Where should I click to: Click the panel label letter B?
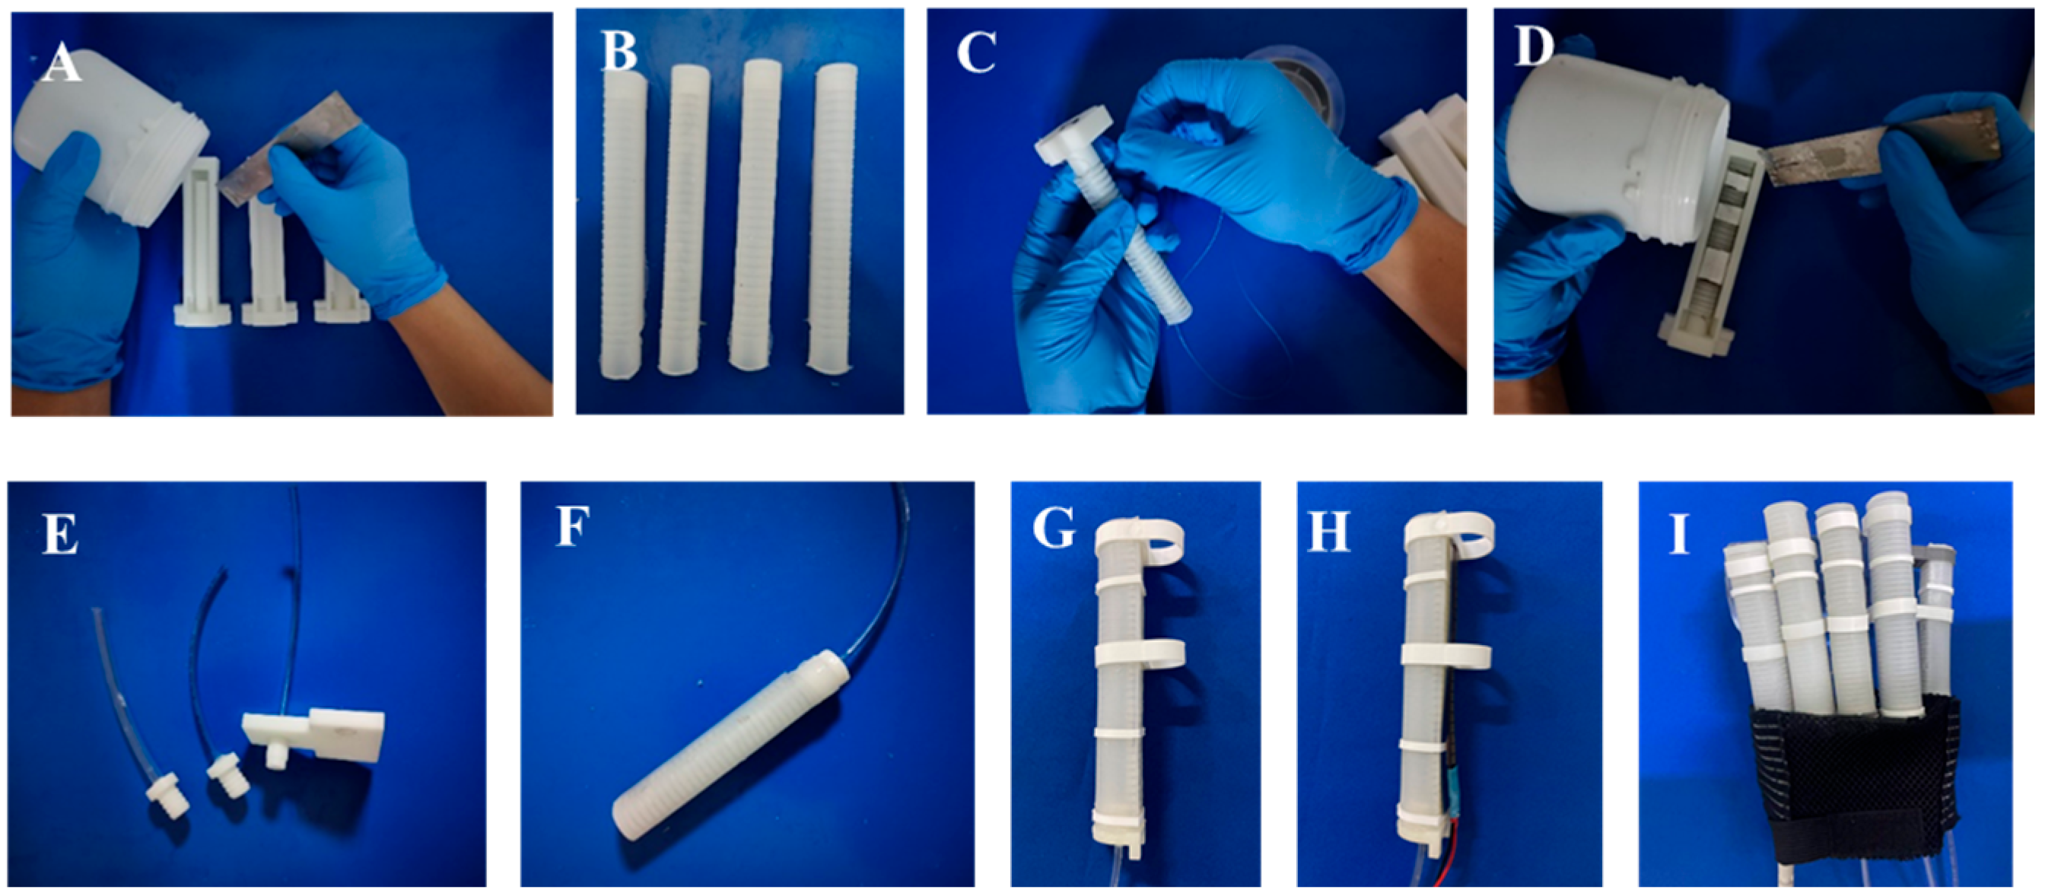click(x=619, y=51)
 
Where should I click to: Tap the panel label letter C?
click(x=976, y=53)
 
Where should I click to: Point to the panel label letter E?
click(x=60, y=533)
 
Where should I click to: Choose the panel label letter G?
click(x=1054, y=529)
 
